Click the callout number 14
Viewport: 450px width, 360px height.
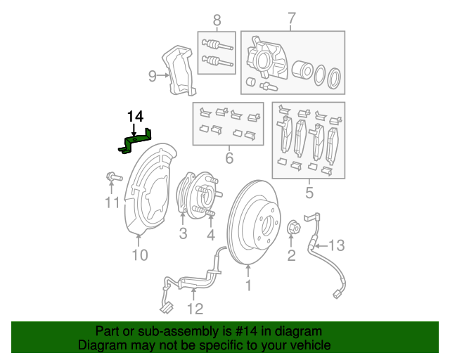(135, 116)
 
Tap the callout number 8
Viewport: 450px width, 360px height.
(217, 20)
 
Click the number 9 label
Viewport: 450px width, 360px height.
(152, 76)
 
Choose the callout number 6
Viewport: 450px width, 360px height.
(229, 159)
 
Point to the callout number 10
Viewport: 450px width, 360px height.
(140, 255)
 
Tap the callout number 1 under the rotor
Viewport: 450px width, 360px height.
(247, 285)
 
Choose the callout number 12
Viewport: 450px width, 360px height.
(194, 307)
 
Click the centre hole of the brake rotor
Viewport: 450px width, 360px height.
(266, 224)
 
